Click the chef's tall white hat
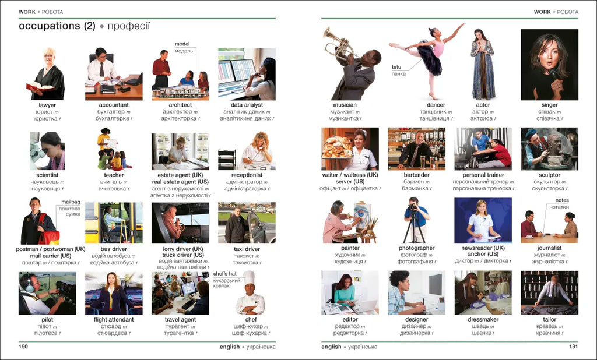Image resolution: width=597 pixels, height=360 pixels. [x=248, y=278]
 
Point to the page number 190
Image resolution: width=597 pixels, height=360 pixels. [x=23, y=346]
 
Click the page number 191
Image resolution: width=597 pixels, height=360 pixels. [x=574, y=346]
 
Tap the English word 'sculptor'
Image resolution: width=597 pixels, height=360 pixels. [x=549, y=175]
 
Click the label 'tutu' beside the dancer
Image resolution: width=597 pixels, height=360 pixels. [x=396, y=67]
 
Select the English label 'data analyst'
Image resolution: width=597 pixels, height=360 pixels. [x=247, y=105]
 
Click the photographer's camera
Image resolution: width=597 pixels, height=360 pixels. [x=413, y=207]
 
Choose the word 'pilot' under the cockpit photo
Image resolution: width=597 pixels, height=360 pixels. [x=47, y=320]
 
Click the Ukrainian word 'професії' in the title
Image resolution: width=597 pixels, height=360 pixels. [x=129, y=26]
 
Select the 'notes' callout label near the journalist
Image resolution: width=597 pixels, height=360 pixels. [x=562, y=200]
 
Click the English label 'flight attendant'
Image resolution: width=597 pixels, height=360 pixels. [x=114, y=320]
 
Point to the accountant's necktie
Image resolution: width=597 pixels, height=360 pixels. [x=101, y=70]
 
